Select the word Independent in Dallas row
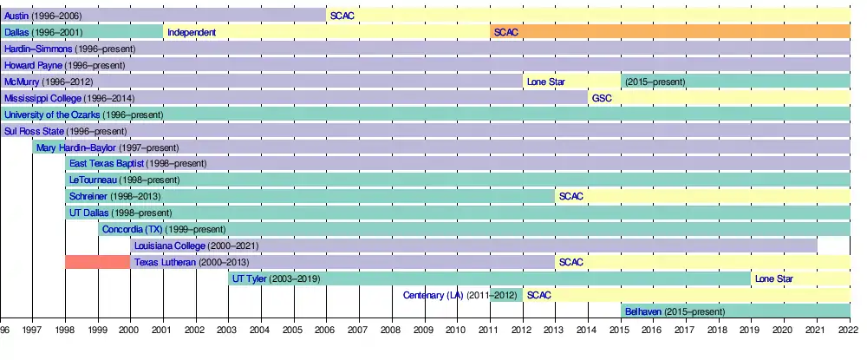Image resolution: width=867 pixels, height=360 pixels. (192, 32)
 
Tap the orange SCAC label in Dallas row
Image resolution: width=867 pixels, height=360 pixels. (505, 32)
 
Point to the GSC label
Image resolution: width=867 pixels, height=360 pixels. (602, 98)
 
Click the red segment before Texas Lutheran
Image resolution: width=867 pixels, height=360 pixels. (97, 262)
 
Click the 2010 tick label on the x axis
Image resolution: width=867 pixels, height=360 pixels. (456, 330)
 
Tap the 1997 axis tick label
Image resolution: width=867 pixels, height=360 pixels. (32, 330)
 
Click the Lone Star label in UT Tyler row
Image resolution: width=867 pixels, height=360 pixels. (773, 278)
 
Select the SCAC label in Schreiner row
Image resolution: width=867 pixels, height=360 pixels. (571, 196)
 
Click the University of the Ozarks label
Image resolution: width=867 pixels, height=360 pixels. (52, 115)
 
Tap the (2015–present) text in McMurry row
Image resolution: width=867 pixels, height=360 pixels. (655, 82)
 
